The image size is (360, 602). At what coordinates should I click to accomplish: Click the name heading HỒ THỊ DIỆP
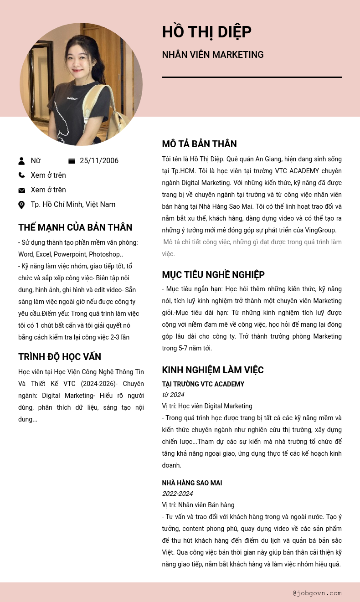pyautogui.click(x=206, y=32)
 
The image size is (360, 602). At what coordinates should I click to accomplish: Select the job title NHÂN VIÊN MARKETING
pyautogui.click(x=213, y=55)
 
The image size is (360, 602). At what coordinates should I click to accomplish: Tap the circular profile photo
pyautogui.click(x=81, y=84)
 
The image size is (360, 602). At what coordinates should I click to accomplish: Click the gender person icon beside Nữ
pyautogui.click(x=21, y=161)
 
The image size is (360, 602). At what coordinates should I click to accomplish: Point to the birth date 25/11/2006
pyautogui.click(x=99, y=161)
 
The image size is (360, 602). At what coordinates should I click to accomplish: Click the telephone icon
pyautogui.click(x=21, y=175)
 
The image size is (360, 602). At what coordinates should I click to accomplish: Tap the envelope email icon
pyautogui.click(x=21, y=190)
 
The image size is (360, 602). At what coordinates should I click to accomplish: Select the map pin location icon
pyautogui.click(x=21, y=205)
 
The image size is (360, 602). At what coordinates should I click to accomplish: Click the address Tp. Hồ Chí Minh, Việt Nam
pyautogui.click(x=73, y=205)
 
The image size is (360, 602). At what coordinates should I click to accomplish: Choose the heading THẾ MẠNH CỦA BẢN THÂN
pyautogui.click(x=75, y=227)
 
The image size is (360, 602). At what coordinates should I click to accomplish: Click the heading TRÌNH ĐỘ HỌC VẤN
pyautogui.click(x=60, y=357)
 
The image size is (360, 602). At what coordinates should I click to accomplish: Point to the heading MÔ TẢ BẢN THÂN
pyautogui.click(x=199, y=144)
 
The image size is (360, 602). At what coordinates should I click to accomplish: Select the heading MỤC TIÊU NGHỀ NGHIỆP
pyautogui.click(x=213, y=275)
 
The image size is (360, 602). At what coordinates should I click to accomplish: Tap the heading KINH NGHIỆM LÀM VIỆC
pyautogui.click(x=213, y=370)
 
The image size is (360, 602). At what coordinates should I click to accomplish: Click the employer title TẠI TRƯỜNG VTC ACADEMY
pyautogui.click(x=203, y=384)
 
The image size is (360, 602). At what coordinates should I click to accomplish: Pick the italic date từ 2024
pyautogui.click(x=173, y=395)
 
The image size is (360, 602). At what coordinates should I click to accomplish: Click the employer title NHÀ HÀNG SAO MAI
pyautogui.click(x=192, y=483)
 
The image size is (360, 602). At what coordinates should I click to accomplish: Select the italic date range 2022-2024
pyautogui.click(x=177, y=494)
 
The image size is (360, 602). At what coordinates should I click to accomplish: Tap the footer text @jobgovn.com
pyautogui.click(x=317, y=593)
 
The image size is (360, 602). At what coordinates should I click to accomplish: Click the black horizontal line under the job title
pyautogui.click(x=252, y=77)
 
